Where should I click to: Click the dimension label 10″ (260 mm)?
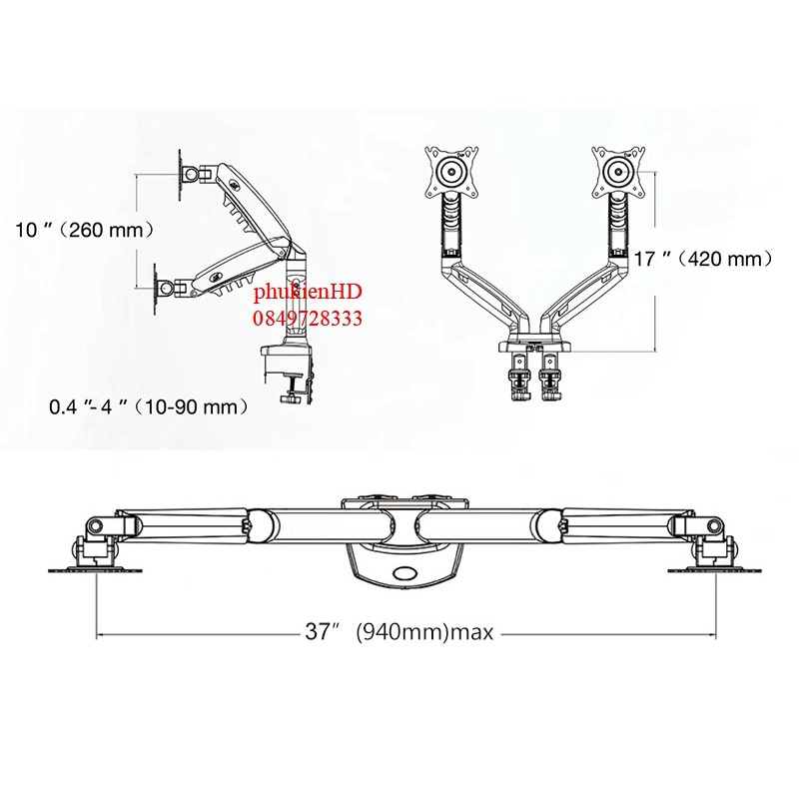coord(84,230)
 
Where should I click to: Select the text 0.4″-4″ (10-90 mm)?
coord(149,407)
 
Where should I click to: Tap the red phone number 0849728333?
coord(308,319)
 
